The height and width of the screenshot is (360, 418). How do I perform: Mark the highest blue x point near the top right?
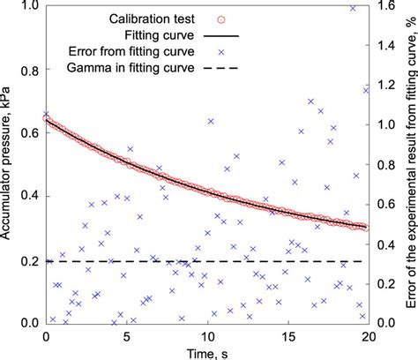[x=353, y=8]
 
